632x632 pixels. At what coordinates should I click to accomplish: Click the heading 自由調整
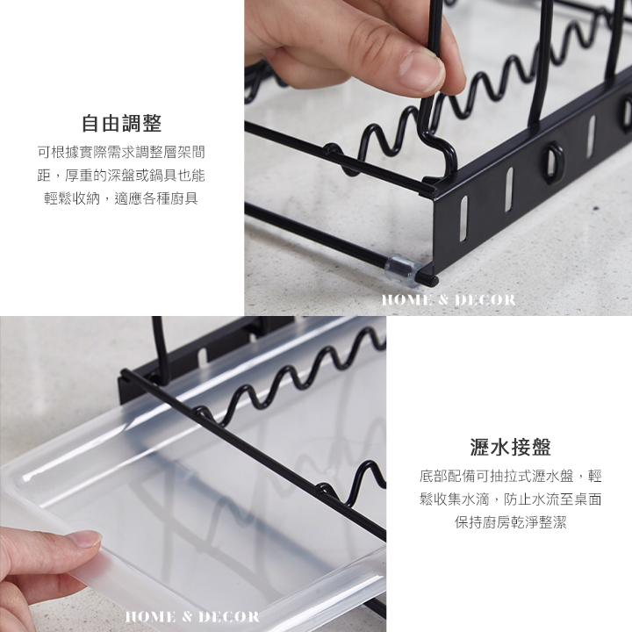(121, 124)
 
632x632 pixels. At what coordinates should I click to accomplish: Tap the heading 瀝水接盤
(510, 447)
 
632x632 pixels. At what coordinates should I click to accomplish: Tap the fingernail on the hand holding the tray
(86, 538)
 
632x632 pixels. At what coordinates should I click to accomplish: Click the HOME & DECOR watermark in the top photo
(449, 300)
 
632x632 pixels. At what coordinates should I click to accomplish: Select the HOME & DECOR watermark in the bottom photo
(192, 616)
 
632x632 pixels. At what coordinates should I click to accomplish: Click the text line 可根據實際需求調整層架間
(121, 153)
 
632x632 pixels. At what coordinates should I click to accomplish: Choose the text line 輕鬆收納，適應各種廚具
(121, 198)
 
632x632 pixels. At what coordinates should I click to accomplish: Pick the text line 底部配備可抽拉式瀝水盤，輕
(510, 476)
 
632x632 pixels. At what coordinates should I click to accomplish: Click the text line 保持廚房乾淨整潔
(510, 522)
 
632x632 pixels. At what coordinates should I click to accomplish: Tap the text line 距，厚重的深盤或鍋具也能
(121, 176)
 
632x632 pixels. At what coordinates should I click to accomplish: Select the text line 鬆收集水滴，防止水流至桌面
(510, 499)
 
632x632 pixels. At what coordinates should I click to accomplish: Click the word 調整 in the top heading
(141, 124)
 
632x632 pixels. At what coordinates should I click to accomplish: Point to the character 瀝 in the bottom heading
(480, 447)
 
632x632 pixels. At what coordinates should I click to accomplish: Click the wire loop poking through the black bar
(553, 161)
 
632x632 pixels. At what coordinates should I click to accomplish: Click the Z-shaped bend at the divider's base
(438, 153)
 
